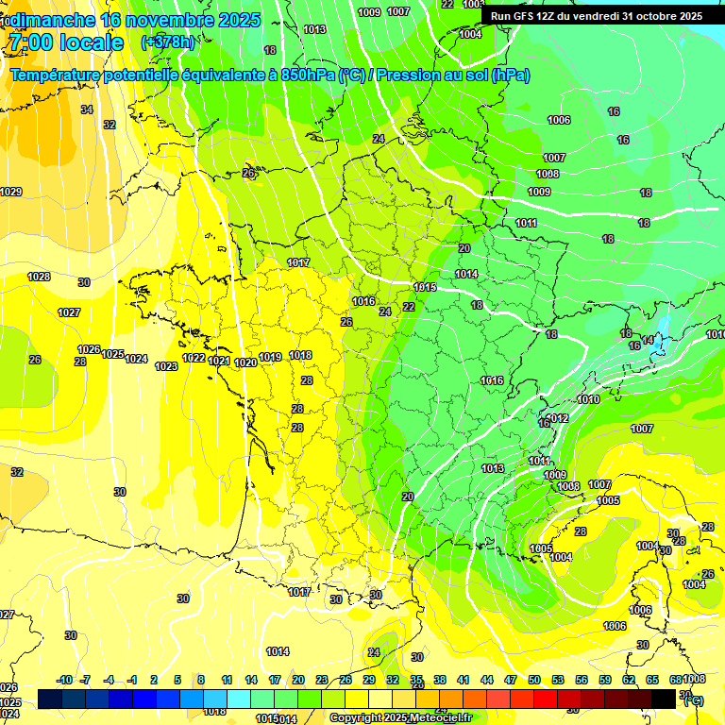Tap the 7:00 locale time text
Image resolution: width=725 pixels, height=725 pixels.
(64, 42)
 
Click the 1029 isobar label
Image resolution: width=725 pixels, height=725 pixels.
(10, 192)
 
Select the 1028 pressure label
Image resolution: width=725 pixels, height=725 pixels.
(39, 277)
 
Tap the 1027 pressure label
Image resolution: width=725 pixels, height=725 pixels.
(69, 312)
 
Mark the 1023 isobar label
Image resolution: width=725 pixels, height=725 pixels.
(166, 366)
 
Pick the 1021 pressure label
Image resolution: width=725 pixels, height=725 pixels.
(219, 361)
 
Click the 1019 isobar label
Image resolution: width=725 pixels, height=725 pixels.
(270, 357)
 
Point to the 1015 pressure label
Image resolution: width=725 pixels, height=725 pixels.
(425, 287)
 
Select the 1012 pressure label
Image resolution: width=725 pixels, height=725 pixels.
(558, 418)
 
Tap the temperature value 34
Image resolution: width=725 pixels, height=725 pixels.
(87, 110)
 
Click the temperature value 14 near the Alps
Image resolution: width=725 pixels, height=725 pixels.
(648, 340)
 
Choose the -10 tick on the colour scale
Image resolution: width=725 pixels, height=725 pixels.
(64, 680)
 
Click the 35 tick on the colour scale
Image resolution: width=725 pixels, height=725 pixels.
(416, 680)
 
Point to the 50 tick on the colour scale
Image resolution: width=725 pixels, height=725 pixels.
(534, 680)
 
